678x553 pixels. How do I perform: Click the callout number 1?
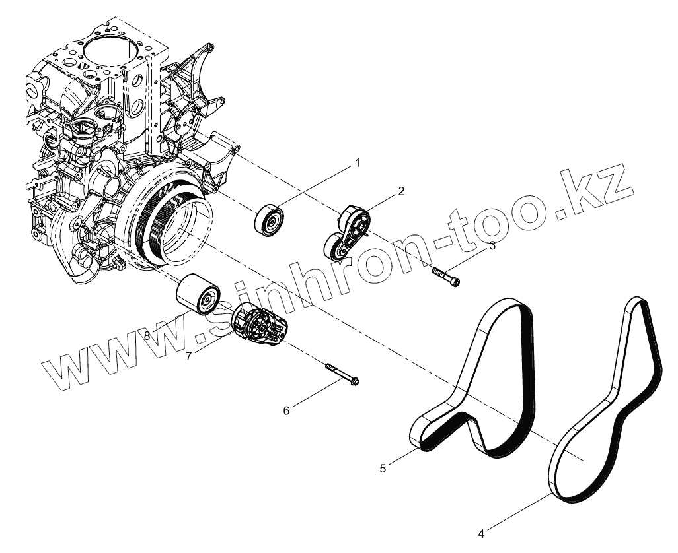[358, 162]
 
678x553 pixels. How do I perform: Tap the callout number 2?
[400, 191]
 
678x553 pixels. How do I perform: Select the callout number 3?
[492, 246]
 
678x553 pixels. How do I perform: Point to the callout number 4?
[481, 533]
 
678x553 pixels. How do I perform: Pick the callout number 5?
[383, 468]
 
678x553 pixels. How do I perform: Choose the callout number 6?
[286, 410]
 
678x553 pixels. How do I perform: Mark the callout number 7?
[189, 356]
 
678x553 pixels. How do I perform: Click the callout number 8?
[147, 336]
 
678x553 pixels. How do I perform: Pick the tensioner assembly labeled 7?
[260, 325]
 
